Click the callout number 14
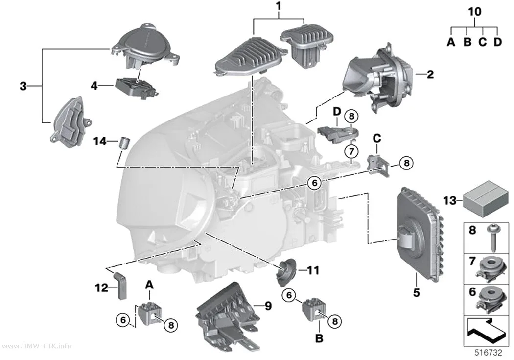[x=100, y=142]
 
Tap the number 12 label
[x=102, y=288]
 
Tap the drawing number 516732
[x=489, y=353]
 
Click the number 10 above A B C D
[x=474, y=12]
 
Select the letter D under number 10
[x=497, y=42]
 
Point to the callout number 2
[x=430, y=74]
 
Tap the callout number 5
[x=416, y=292]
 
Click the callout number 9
[x=268, y=306]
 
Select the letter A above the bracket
[x=149, y=285]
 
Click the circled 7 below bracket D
[x=351, y=151]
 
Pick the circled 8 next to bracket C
[x=406, y=163]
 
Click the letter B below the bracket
[x=319, y=338]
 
